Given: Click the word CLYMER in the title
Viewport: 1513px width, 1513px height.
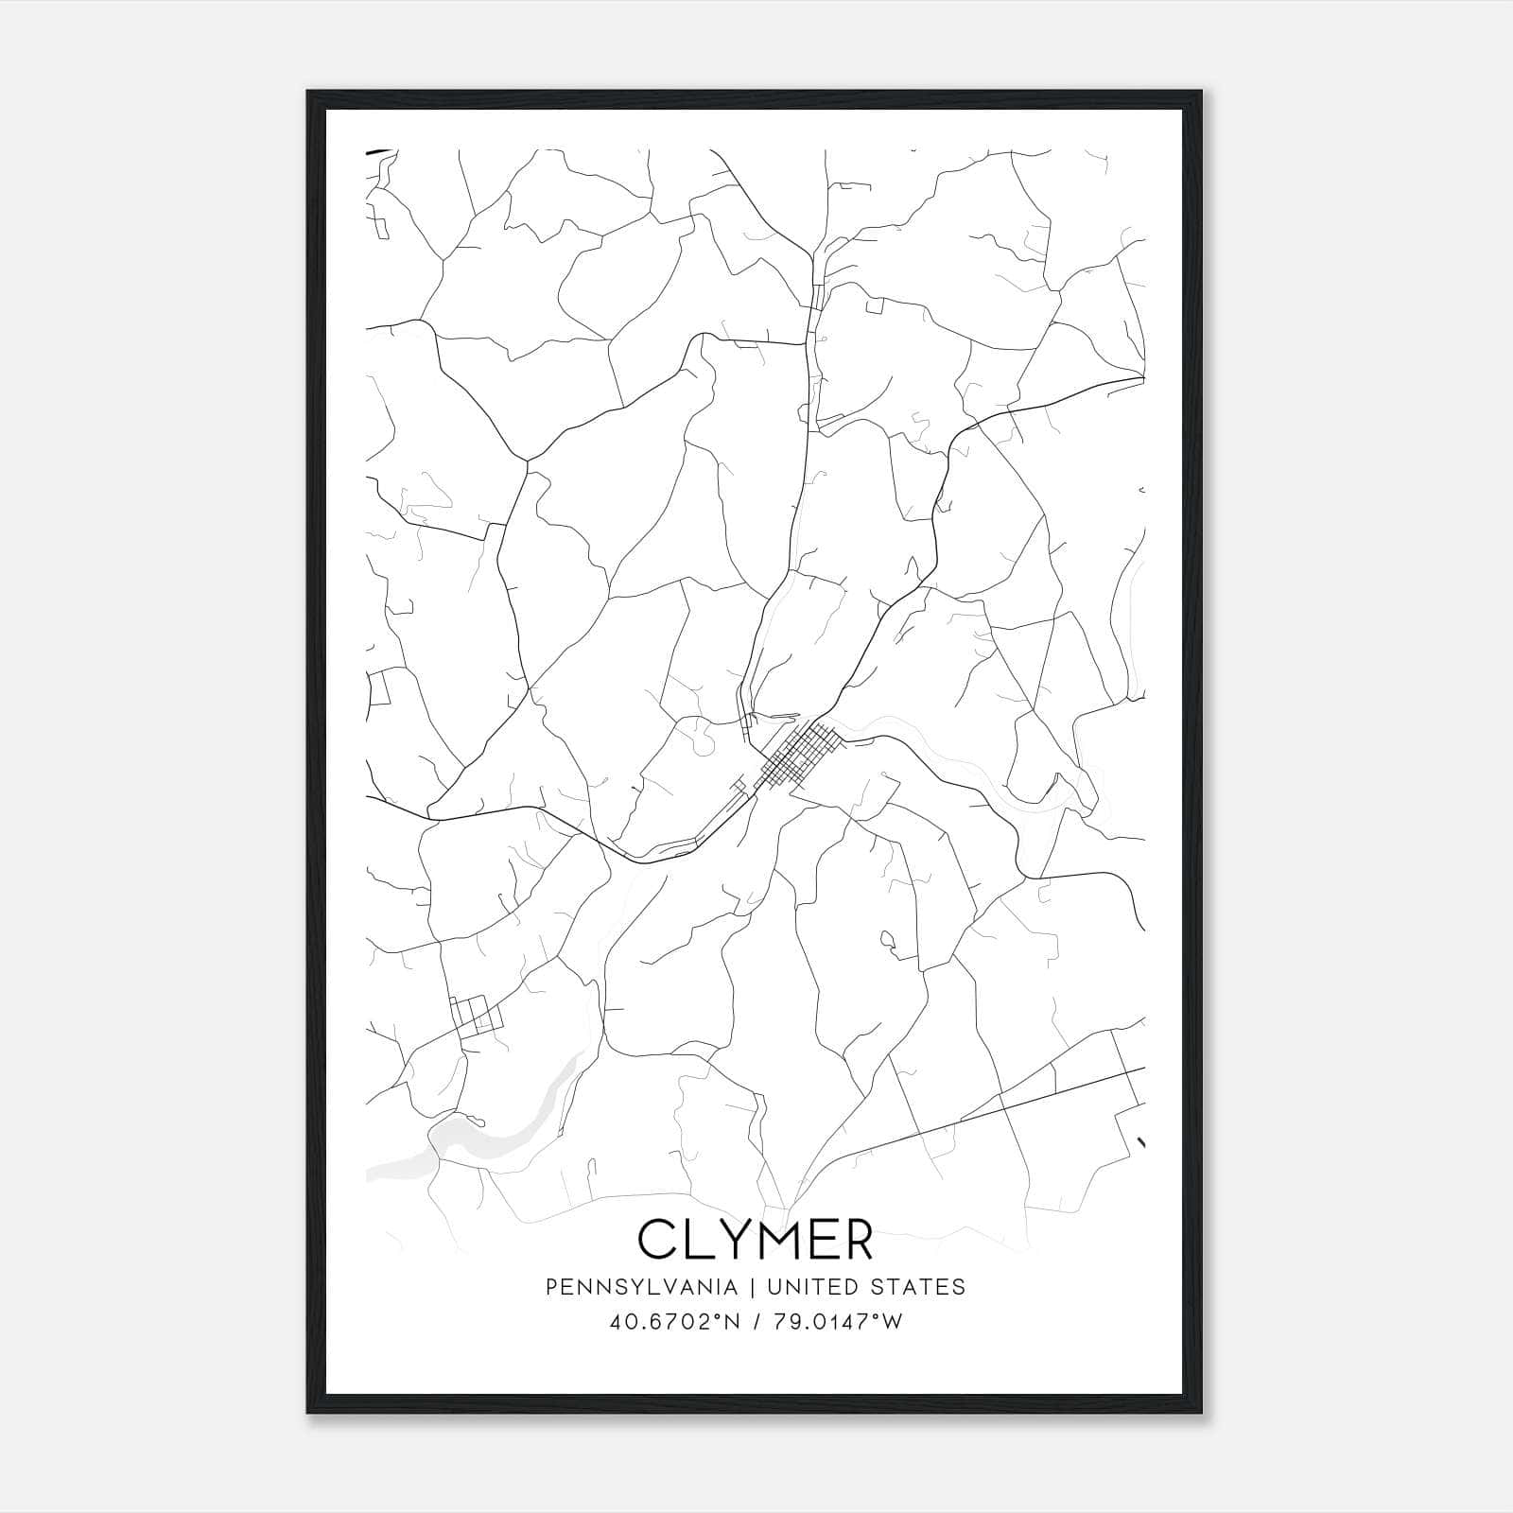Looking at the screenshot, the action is pos(756,1239).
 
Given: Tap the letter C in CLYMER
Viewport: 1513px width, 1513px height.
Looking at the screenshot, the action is pos(657,1239).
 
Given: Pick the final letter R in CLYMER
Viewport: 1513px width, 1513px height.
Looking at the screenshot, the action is pos(857,1239).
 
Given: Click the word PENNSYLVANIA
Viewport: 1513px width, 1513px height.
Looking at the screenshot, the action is pos(641,1287).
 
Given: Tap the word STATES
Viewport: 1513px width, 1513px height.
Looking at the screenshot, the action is pos(918,1287).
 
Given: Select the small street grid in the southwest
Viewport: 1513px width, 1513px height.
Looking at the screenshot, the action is pos(476,1015).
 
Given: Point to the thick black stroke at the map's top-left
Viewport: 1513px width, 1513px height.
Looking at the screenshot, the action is pos(377,150).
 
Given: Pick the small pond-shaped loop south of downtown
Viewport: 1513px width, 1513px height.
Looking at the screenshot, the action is pos(888,940).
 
